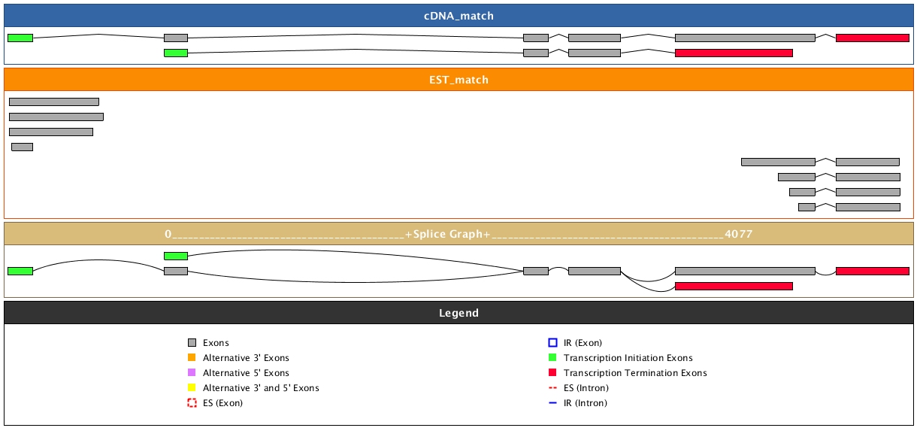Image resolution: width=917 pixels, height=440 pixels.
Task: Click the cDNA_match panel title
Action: [x=458, y=16]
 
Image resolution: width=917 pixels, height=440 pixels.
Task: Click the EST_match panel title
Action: [x=458, y=80]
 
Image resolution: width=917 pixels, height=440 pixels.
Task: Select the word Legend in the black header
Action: [x=458, y=313]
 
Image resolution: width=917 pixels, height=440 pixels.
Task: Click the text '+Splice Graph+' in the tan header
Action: [x=447, y=235]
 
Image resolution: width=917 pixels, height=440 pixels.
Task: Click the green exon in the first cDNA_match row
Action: [x=20, y=38]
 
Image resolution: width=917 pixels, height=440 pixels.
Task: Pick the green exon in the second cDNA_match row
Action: [x=176, y=53]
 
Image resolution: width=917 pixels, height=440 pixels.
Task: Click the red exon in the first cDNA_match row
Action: [x=872, y=38]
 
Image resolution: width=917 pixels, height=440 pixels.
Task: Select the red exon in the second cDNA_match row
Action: [x=734, y=53]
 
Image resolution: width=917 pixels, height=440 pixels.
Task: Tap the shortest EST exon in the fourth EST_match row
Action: [x=22, y=147]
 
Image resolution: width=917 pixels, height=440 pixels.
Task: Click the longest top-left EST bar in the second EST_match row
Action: [x=56, y=117]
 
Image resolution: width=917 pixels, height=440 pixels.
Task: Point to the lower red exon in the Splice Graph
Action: [x=734, y=286]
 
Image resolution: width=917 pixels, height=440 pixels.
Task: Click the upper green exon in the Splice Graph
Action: [x=176, y=256]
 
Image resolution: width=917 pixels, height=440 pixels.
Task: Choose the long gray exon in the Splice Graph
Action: [x=745, y=271]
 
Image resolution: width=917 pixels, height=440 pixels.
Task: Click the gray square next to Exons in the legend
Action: [x=192, y=343]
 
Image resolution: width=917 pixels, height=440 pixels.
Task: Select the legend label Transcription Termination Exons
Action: [x=635, y=373]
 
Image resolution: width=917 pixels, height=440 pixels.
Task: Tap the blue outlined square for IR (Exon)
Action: [x=552, y=343]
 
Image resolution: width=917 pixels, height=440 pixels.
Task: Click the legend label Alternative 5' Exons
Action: [x=246, y=373]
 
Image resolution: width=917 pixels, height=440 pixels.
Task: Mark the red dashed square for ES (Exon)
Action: [x=192, y=403]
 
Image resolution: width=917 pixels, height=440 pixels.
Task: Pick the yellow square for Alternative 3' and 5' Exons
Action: [x=192, y=388]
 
